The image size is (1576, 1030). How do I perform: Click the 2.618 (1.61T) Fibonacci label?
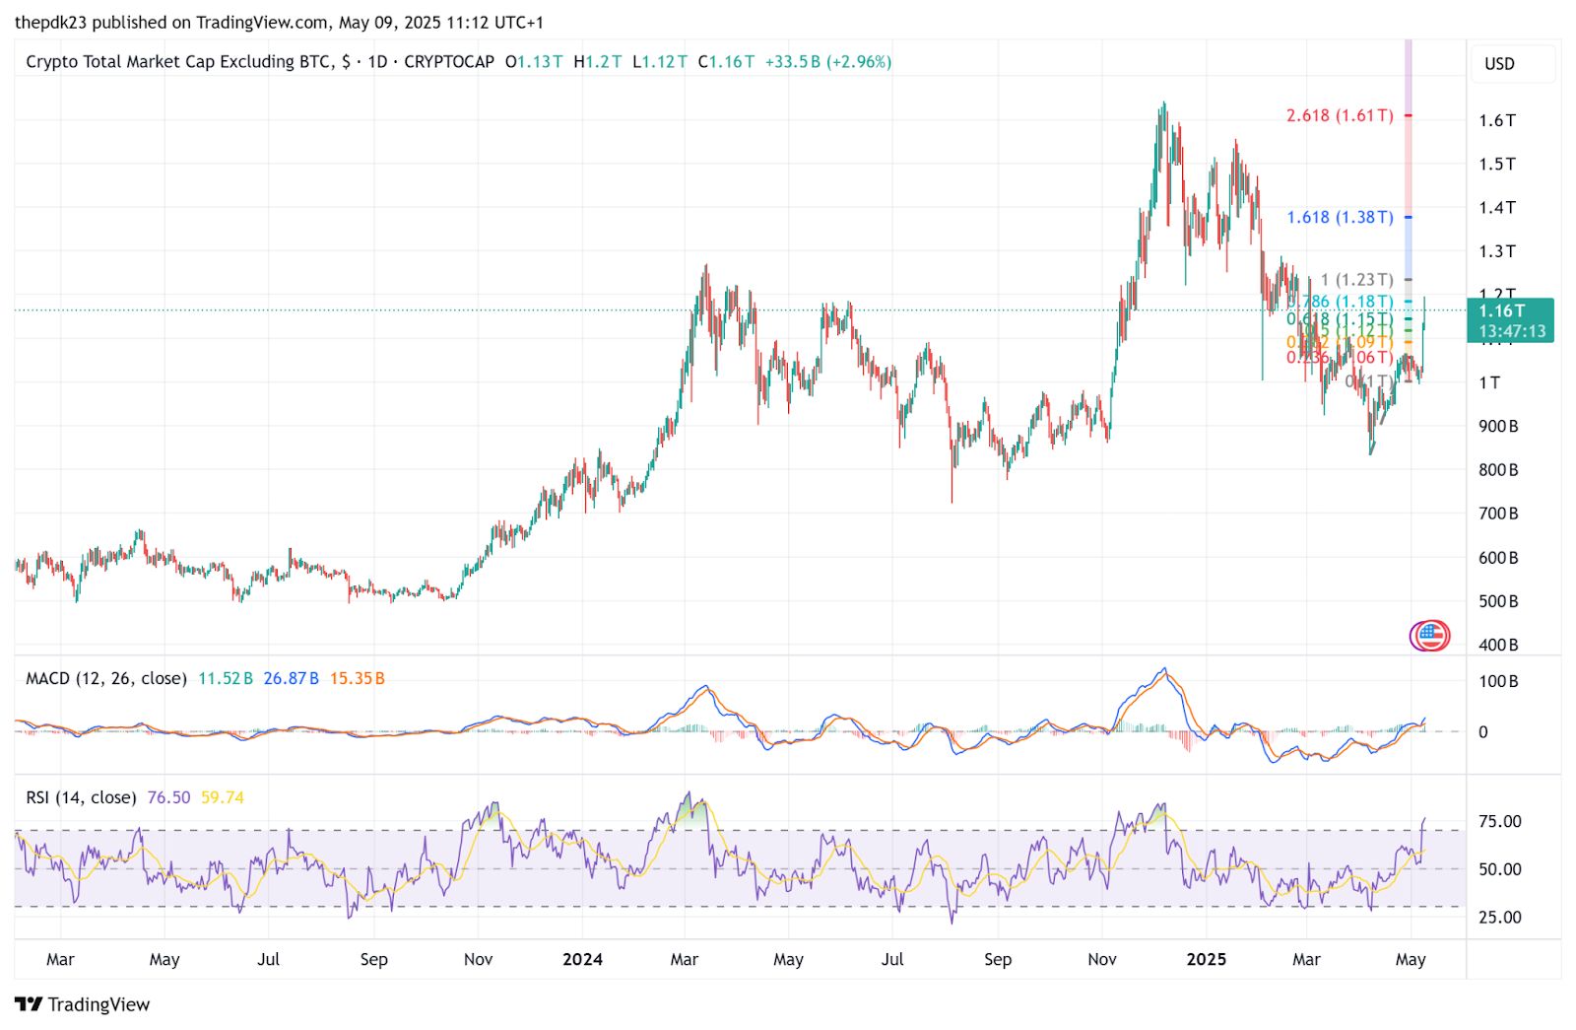pos(1340,115)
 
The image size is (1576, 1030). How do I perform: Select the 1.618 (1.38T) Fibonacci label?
pos(1340,217)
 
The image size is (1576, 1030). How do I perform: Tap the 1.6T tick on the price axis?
pos(1496,120)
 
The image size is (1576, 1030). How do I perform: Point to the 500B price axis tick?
pos(1497,601)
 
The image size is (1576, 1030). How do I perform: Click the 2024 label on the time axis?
pos(582,959)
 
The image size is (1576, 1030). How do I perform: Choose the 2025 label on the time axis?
pos(1206,959)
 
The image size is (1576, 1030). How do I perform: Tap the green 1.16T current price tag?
pos(1510,320)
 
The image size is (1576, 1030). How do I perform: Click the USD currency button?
pos(1499,64)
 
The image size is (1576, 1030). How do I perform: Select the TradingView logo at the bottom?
pos(83,1004)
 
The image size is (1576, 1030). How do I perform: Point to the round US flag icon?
pos(1430,636)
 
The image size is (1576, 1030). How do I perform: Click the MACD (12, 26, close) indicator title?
pos(106,678)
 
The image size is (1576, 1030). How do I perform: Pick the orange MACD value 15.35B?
pos(357,678)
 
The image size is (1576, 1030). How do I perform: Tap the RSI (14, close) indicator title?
pos(81,797)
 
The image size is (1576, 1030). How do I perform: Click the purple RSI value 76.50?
pos(168,797)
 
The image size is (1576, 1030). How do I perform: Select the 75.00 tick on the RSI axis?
pos(1499,821)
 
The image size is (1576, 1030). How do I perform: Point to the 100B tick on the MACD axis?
pos(1498,681)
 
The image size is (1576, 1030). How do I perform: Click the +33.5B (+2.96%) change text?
pos(827,61)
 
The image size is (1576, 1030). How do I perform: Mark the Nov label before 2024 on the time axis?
pos(478,959)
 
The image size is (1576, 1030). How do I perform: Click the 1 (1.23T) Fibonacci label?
pos(1356,280)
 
